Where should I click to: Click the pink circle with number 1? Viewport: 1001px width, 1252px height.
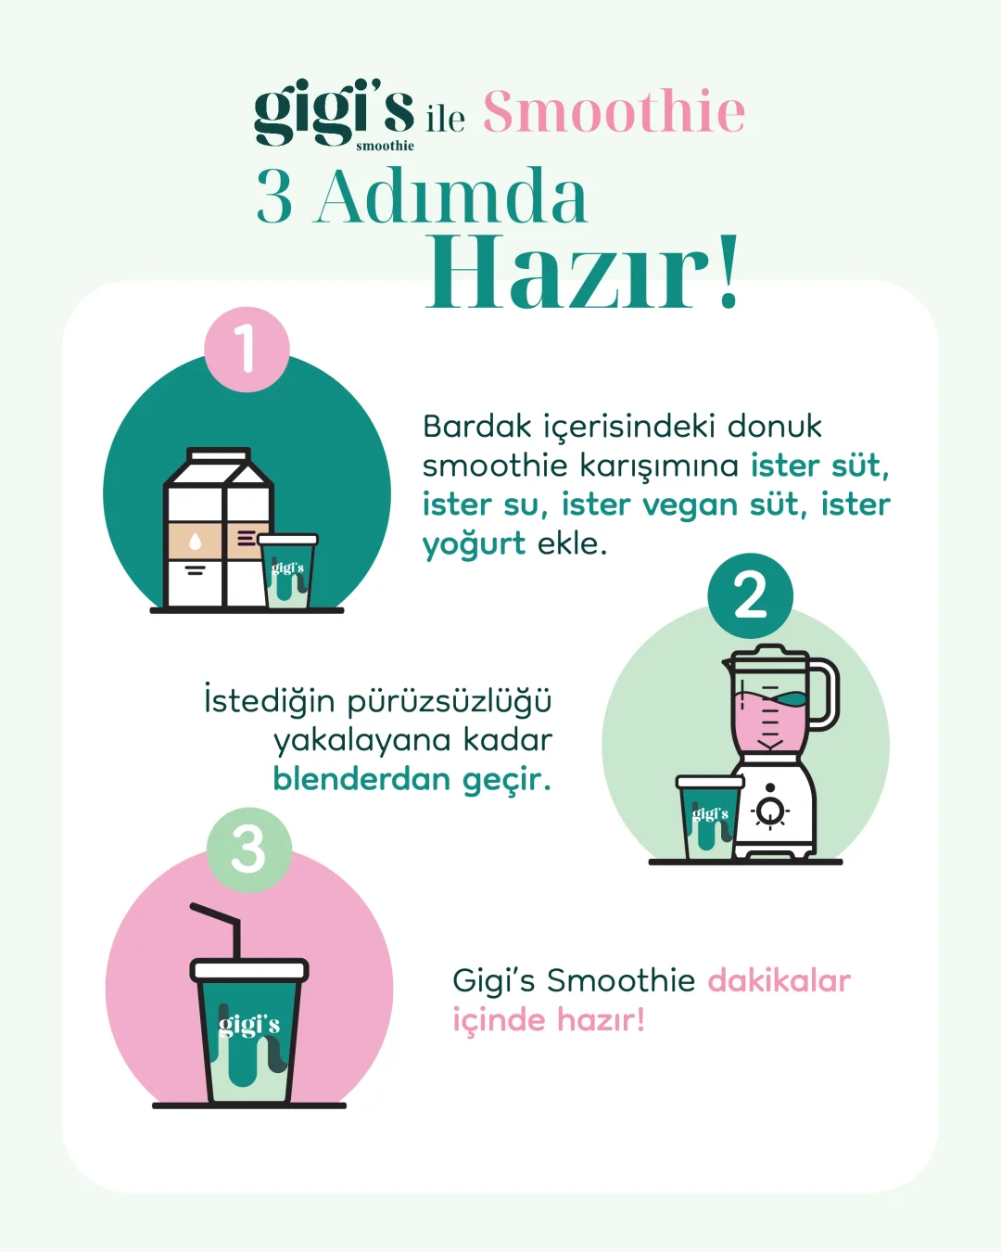point(247,349)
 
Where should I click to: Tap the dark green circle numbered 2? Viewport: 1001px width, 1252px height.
point(751,595)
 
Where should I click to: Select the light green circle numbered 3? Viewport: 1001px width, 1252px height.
point(249,850)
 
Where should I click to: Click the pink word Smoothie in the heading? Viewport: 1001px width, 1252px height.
point(615,110)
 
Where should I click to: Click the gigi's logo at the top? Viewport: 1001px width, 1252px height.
point(334,114)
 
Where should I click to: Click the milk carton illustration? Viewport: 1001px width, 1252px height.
point(219,528)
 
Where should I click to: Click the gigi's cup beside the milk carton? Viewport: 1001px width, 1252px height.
point(288,571)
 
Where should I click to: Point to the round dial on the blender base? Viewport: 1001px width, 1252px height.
point(770,810)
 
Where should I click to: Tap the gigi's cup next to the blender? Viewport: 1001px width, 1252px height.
point(710,817)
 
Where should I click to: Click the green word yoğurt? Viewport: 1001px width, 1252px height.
point(474,545)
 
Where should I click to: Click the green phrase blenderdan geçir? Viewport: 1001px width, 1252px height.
point(412,780)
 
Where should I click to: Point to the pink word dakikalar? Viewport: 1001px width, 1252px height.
point(779,981)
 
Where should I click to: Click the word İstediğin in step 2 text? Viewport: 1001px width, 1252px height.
point(270,700)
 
